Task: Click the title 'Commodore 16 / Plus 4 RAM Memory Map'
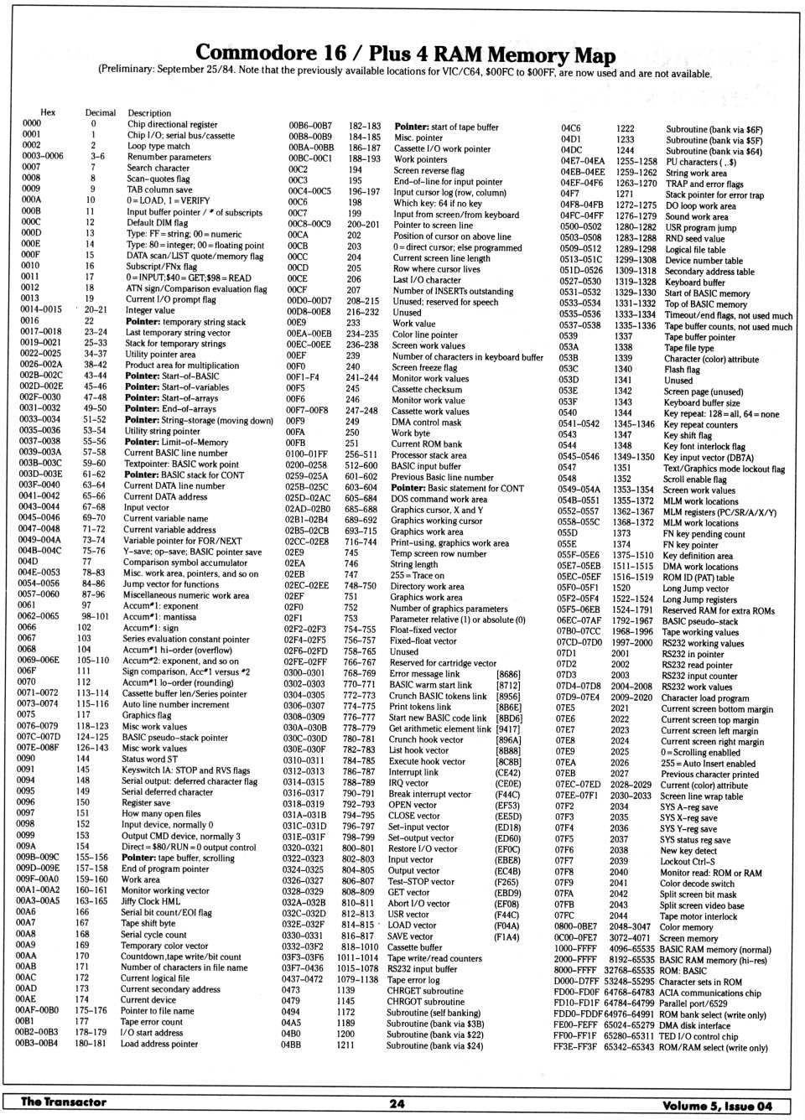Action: (405, 54)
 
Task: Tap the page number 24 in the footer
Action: (397, 1103)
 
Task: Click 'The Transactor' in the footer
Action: (64, 1102)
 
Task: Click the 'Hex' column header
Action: (48, 112)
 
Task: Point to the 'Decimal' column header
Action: (101, 112)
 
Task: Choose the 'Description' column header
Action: (149, 112)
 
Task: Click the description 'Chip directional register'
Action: (172, 124)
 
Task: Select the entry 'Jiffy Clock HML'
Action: (151, 901)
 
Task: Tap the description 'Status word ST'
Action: (149, 760)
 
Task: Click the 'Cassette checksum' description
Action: (427, 389)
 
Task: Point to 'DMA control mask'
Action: (426, 422)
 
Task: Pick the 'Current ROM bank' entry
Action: (427, 443)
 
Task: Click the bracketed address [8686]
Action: (508, 673)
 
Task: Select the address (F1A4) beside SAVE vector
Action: (506, 936)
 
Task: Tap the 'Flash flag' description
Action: (682, 369)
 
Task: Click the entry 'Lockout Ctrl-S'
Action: (687, 861)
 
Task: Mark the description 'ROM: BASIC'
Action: (683, 970)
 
